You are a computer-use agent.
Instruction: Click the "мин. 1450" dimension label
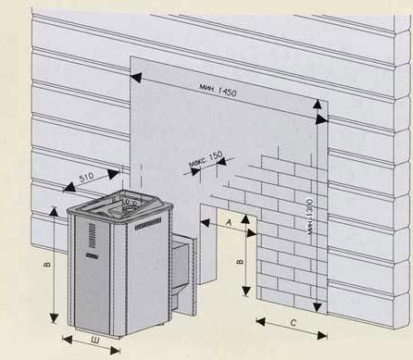[218, 89]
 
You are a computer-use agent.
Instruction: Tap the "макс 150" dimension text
[206, 159]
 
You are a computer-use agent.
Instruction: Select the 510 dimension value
[87, 178]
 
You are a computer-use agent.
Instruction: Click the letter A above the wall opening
[229, 222]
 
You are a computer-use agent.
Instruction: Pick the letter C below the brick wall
[294, 323]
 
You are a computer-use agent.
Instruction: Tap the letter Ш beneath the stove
[95, 341]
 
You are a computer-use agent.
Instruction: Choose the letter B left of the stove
[47, 265]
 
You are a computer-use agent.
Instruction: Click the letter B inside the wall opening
[241, 262]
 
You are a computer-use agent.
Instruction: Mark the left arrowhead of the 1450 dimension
[136, 78]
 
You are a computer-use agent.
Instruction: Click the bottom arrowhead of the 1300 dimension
[318, 307]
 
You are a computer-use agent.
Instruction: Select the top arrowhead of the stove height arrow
[54, 212]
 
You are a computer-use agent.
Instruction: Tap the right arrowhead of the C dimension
[322, 335]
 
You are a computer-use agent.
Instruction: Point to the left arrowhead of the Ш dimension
[68, 340]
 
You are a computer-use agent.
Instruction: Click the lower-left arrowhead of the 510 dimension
[69, 187]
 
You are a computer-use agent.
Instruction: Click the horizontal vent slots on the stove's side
[148, 224]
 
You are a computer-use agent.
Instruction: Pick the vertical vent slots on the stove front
[92, 236]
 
